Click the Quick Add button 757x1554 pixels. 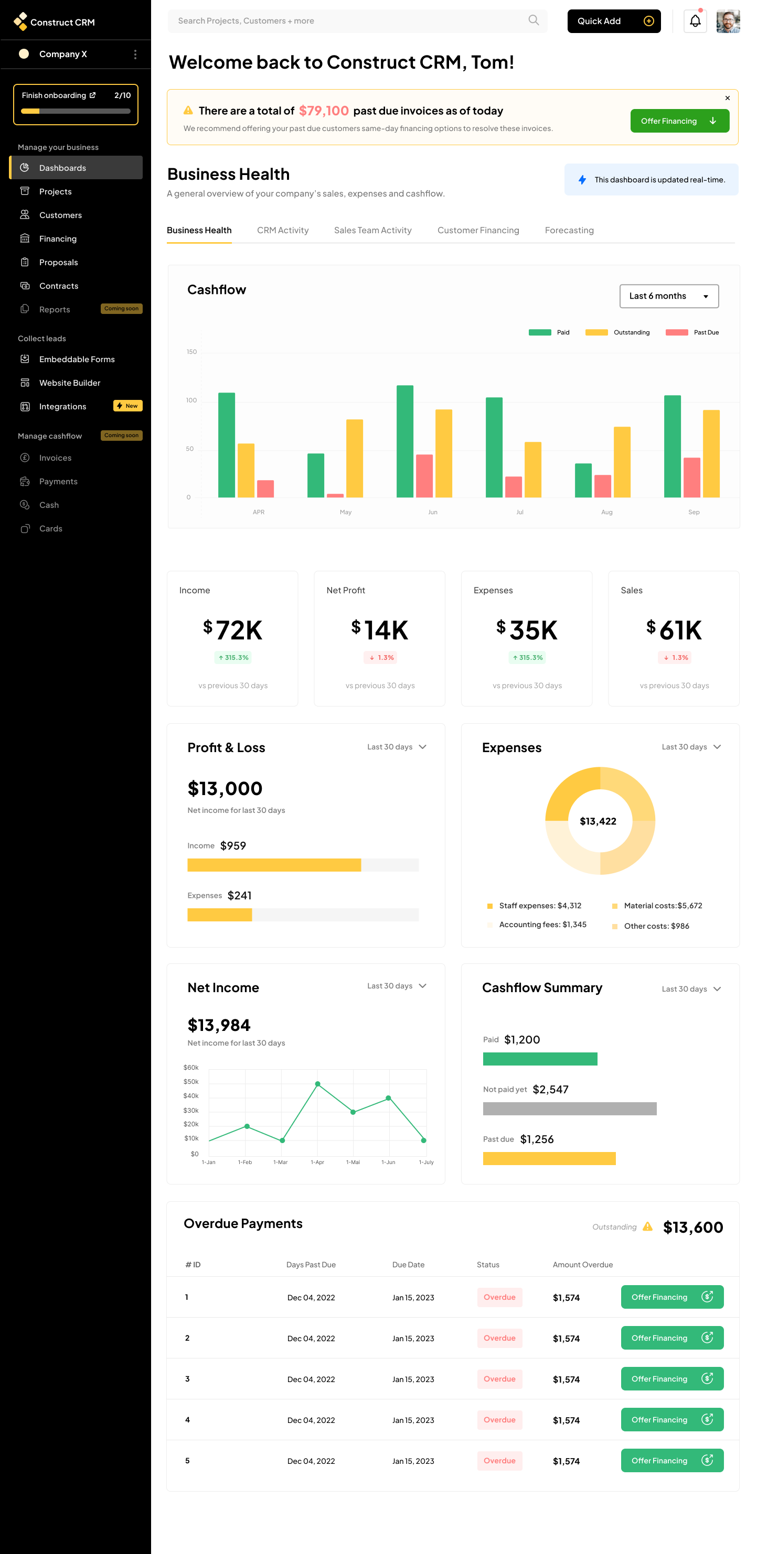(x=613, y=21)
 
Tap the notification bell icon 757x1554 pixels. (x=695, y=21)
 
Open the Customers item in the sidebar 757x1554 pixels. (x=60, y=215)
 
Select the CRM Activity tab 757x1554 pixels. (x=283, y=231)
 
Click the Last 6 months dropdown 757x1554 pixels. (x=668, y=296)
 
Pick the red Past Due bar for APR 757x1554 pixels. (x=265, y=488)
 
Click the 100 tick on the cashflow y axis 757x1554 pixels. (x=191, y=400)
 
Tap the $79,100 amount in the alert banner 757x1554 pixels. (x=324, y=111)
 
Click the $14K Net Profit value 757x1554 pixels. (x=380, y=631)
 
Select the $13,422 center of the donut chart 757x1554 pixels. (x=598, y=821)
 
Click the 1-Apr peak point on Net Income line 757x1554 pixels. (x=317, y=1084)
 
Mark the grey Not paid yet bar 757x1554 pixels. (x=569, y=1109)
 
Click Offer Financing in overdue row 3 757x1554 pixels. (x=671, y=1379)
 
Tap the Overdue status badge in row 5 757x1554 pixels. (x=499, y=1461)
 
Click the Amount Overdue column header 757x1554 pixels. (x=582, y=1265)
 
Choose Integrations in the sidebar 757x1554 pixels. (x=63, y=407)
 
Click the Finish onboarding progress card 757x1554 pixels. (x=76, y=104)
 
